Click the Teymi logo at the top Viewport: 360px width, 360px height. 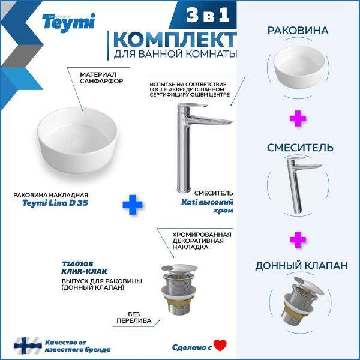(x=68, y=22)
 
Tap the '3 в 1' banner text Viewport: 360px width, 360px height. (x=208, y=15)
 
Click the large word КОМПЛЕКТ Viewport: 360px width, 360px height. (x=175, y=40)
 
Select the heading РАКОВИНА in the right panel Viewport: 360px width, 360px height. (x=298, y=31)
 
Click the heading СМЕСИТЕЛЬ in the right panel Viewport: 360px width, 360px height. (x=300, y=148)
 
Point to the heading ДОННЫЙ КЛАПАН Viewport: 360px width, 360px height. (x=301, y=266)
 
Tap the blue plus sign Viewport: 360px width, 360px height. (x=133, y=205)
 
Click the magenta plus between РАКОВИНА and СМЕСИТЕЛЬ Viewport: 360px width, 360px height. (x=298, y=118)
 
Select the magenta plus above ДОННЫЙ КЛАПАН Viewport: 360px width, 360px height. (x=298, y=239)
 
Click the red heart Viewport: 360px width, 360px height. (x=220, y=346)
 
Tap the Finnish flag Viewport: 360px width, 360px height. (x=28, y=346)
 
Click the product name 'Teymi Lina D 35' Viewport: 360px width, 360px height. (x=55, y=203)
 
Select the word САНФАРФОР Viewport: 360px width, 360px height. (x=101, y=81)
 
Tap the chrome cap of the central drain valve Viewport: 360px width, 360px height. (x=179, y=268)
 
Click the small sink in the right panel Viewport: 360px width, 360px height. (x=299, y=67)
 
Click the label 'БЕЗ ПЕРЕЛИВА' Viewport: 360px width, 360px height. (x=134, y=317)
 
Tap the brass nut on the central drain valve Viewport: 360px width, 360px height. (x=179, y=305)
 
